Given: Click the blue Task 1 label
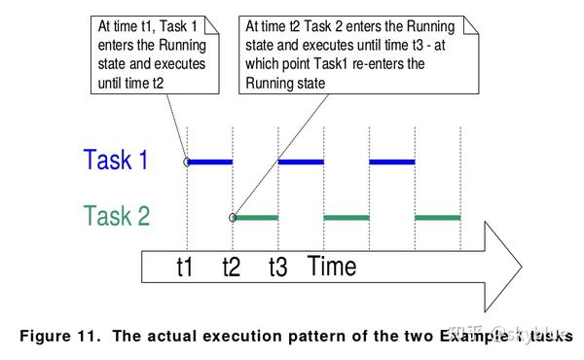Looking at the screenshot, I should pos(116,161).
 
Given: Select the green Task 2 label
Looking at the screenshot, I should pos(117,216).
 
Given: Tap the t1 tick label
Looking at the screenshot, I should pos(185,267).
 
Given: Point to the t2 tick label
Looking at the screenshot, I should pos(232,267).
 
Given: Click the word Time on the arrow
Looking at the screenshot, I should pos(332,266).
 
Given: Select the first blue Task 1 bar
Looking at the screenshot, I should pos(209,162).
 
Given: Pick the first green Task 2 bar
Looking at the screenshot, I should pos(256,217).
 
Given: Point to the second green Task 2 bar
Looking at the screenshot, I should pos(347,217).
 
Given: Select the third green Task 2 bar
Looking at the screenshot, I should pos(438,217).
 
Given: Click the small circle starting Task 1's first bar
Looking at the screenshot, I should pos(186,162).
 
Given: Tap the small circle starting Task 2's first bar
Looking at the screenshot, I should pos(233,217).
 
